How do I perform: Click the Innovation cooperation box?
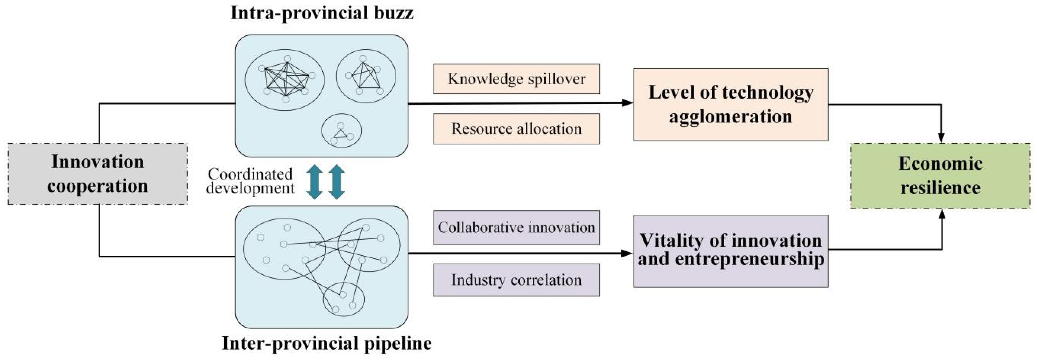tap(98, 174)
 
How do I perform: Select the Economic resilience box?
tap(940, 176)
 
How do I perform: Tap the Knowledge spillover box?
tap(516, 79)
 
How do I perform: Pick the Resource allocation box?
tap(516, 129)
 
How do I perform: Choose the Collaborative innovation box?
tap(516, 228)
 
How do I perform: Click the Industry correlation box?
tap(516, 280)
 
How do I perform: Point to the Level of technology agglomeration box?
tap(731, 104)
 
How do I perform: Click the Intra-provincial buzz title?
tap(322, 13)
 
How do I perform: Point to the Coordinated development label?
tap(250, 181)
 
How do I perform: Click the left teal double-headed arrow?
tap(314, 182)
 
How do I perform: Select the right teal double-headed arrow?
tap(337, 182)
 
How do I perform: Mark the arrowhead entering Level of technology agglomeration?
tap(627, 103)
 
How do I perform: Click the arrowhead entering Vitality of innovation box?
tap(627, 253)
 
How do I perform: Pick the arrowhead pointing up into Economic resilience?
tap(942, 214)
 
